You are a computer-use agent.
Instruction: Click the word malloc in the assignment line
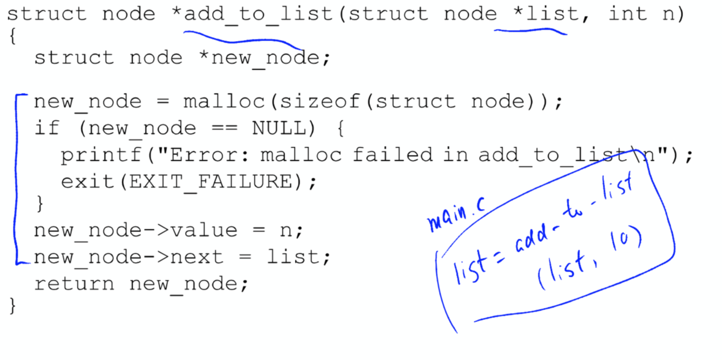click(223, 101)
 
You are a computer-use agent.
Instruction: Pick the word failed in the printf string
click(393, 155)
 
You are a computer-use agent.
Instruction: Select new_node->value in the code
click(135, 231)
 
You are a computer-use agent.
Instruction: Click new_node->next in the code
click(128, 257)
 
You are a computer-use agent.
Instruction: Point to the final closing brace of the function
click(12, 306)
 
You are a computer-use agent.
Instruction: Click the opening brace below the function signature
click(12, 37)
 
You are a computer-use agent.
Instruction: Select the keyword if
click(47, 128)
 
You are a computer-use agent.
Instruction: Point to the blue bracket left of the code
click(15, 179)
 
